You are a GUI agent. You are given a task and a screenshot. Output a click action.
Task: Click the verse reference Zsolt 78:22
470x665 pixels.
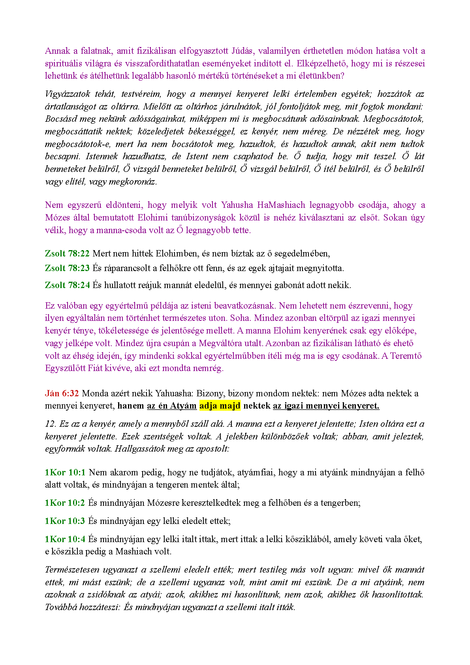pos(67,253)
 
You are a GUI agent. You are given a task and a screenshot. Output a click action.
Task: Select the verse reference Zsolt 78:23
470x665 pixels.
pos(67,268)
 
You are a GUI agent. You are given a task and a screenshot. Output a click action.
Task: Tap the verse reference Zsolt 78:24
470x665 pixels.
pos(67,285)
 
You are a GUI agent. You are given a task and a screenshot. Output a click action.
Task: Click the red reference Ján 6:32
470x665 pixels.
pos(62,393)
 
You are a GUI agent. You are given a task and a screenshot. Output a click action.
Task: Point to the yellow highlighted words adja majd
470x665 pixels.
pos(220,406)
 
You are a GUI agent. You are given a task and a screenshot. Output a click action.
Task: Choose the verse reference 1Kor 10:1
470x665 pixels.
pos(65,472)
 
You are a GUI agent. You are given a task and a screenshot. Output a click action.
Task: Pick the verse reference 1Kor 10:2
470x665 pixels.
pos(65,503)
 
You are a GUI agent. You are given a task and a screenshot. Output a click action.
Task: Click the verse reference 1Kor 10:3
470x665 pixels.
pos(65,521)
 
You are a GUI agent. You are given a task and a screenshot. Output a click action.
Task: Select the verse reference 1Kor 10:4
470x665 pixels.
pos(65,539)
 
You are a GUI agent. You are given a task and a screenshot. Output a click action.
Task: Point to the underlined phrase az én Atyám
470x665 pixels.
pos(172,406)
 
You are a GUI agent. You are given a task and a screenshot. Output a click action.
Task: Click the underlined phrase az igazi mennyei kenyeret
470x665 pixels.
pos(326,406)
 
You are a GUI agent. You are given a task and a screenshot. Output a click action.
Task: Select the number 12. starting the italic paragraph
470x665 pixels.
pos(51,424)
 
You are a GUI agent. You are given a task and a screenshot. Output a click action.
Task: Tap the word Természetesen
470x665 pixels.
pos(71,569)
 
